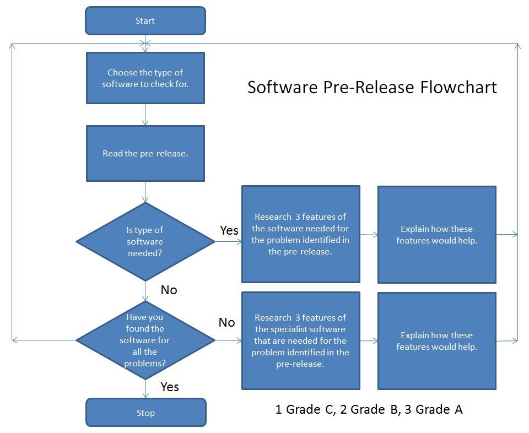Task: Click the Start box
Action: (145, 20)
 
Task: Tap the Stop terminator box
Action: (145, 413)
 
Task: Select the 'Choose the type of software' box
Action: (145, 78)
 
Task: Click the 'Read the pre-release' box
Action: (145, 154)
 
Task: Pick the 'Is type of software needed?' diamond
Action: (145, 241)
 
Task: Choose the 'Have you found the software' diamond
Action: (145, 340)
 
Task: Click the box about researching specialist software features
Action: (301, 340)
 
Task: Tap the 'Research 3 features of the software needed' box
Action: (301, 234)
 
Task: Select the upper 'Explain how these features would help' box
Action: (437, 234)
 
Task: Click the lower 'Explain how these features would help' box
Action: (437, 341)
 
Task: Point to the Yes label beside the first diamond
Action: (229, 230)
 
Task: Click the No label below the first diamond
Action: (169, 290)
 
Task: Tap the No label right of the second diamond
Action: (226, 322)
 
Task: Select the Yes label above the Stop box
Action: (170, 387)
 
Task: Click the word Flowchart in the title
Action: (458, 87)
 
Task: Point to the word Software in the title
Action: (283, 87)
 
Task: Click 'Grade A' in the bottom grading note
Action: (439, 409)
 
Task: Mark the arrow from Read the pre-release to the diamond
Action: (145, 192)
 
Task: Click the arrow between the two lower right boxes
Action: (369, 340)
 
